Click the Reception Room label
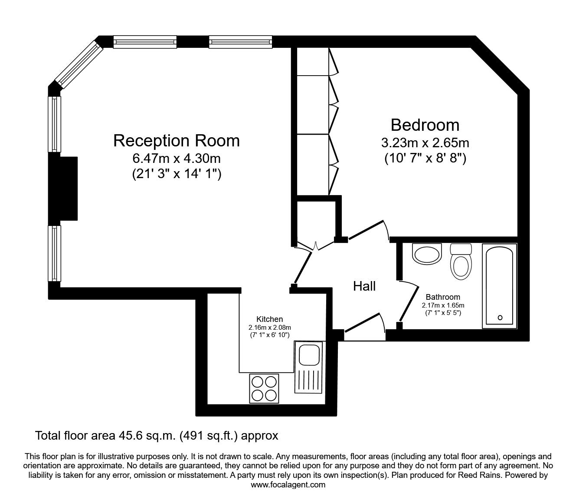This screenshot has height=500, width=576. pos(176,141)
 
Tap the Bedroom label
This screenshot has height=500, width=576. pos(425,125)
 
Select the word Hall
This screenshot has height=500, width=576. pos(364,286)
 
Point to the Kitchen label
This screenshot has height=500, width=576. pos(269,319)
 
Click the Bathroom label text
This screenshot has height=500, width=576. pos(442,297)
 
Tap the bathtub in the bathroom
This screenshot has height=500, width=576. pos(500,285)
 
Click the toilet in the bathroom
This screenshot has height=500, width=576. pos(461,263)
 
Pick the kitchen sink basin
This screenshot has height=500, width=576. pos(309,354)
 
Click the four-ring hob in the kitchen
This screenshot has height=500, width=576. pos(264,388)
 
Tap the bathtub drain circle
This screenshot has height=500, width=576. pos(500,318)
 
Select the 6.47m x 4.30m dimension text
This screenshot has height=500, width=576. pos(177,159)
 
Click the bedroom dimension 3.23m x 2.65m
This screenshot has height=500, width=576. pos(425,143)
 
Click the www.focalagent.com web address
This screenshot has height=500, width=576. pos(288,484)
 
